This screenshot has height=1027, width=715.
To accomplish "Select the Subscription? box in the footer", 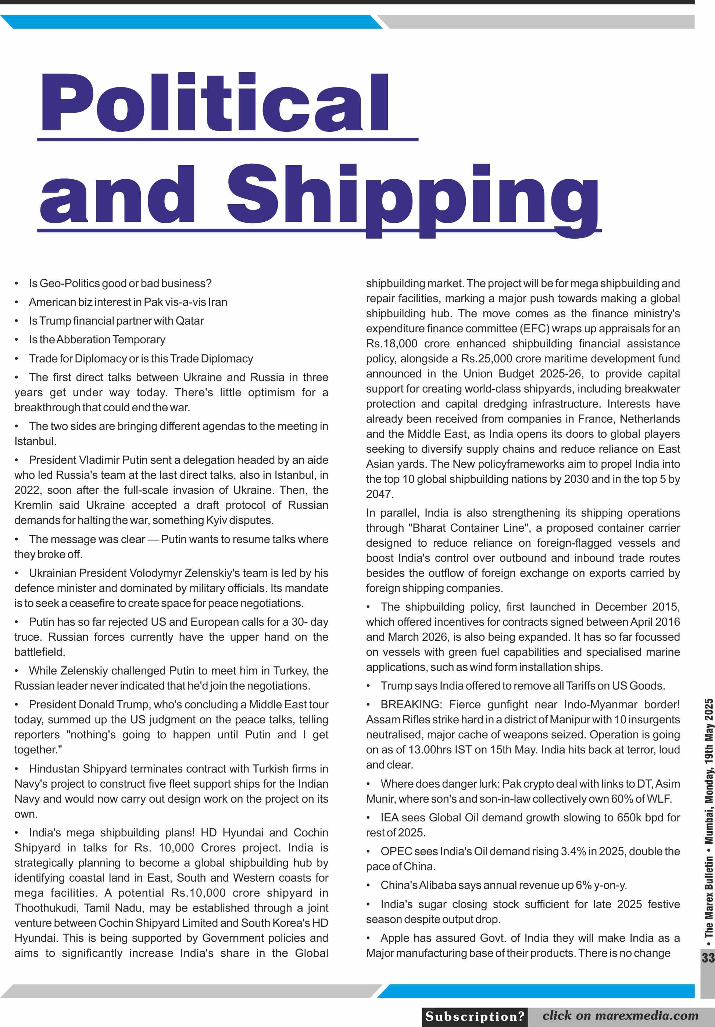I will [x=475, y=1016].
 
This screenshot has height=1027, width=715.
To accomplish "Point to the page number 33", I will [x=708, y=958].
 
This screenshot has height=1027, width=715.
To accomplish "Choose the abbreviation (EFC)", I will [x=534, y=328].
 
